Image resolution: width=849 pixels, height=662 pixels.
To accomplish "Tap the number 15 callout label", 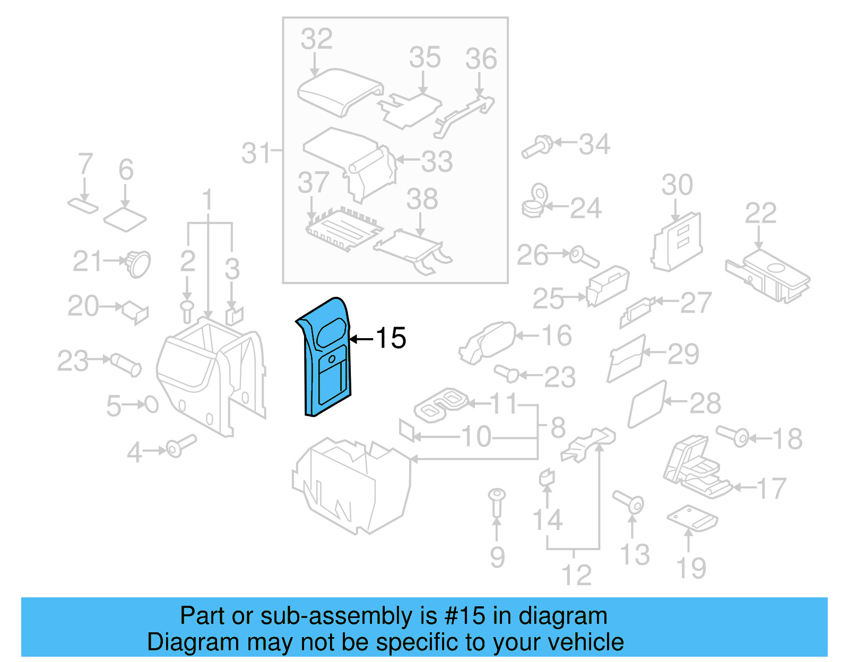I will click(x=391, y=338).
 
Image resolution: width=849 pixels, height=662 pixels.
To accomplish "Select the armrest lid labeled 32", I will click(x=340, y=91).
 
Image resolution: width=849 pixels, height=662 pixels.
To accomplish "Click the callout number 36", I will click(x=481, y=59).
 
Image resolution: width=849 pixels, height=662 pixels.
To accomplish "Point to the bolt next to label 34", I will click(x=537, y=147).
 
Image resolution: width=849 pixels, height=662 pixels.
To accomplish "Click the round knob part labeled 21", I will click(x=138, y=263).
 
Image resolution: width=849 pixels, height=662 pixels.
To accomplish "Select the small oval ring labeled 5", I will click(x=152, y=405).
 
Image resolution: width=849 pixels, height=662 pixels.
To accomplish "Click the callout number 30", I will click(x=677, y=185).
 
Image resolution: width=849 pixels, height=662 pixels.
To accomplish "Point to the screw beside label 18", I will click(x=733, y=436).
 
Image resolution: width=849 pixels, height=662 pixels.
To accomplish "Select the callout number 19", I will click(x=691, y=568).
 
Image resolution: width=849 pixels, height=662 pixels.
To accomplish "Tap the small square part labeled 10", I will click(x=407, y=430).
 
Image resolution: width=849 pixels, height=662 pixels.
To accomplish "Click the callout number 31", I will click(x=256, y=153).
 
